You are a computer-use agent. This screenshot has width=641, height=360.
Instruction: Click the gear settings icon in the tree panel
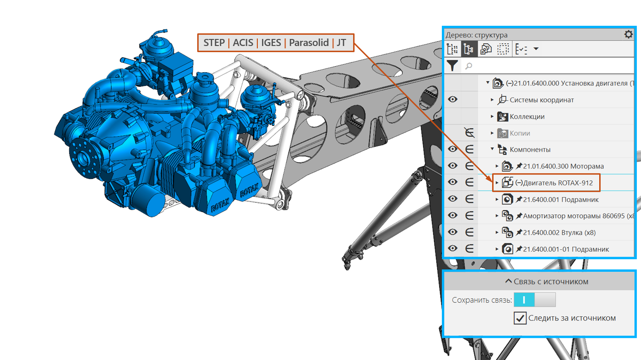coord(628,35)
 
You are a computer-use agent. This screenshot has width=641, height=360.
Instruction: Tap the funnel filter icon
coord(452,66)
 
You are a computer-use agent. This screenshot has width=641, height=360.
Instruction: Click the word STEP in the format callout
coord(214,43)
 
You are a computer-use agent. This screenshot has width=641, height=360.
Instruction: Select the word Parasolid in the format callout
coord(309,43)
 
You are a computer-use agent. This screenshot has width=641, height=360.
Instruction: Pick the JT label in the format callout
coord(341,43)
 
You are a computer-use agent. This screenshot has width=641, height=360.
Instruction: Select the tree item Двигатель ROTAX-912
coord(554,183)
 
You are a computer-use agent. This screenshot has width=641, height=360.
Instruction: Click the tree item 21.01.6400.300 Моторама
coord(564,166)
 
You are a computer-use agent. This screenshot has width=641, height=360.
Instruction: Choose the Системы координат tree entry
coord(542,100)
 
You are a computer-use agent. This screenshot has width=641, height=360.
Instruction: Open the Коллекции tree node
coord(527,116)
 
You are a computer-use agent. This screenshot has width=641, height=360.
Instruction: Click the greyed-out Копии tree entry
coord(520,133)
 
